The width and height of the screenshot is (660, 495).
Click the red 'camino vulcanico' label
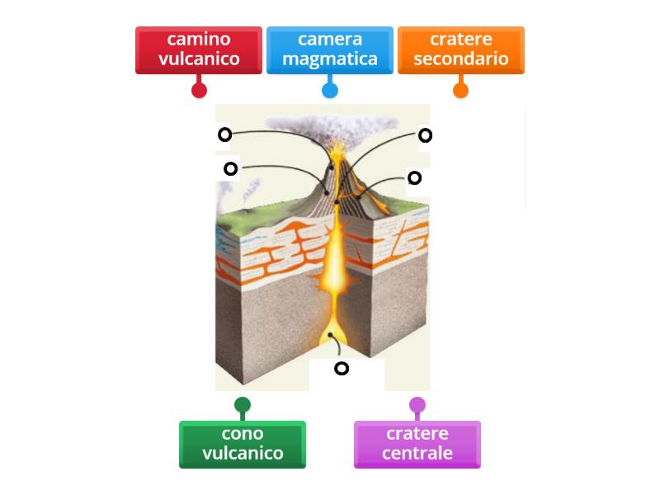pos(199,49)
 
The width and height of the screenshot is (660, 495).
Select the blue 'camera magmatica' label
pos(329,49)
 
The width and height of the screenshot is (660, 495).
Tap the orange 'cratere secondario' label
pos(460,49)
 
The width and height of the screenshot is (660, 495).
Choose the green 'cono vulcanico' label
pos(242,444)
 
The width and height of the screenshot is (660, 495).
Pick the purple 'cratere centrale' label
pos(417,444)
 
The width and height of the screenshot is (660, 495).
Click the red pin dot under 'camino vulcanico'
pos(199,91)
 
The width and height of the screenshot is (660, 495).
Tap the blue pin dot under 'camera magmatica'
pos(330,91)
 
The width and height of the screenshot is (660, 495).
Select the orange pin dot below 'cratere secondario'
pos(460,91)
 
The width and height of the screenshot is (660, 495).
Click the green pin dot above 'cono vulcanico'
pos(242,405)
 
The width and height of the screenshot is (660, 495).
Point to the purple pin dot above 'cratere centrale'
pos(417,405)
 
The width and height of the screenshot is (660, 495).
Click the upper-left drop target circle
pos(224,134)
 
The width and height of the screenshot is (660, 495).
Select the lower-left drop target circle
pos(231,169)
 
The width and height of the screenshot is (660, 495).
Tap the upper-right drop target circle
pos(425,135)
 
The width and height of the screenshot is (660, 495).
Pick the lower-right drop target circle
pos(414,177)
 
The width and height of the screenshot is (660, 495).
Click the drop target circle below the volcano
pos(341,369)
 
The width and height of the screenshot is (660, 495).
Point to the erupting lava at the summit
pos(338,153)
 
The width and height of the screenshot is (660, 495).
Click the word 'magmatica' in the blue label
pos(329,59)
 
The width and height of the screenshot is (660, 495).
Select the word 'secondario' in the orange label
pos(460,59)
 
